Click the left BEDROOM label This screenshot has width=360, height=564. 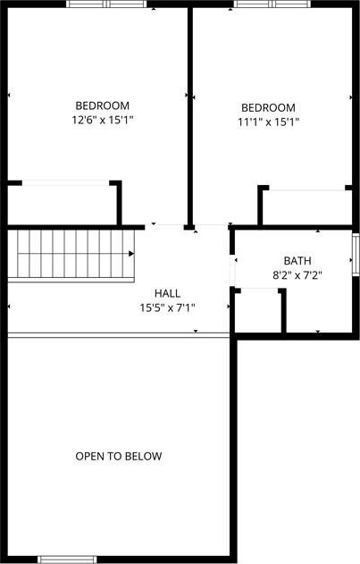[103, 105]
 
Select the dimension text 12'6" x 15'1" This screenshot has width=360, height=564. [103, 120]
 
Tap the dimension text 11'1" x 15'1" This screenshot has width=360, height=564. [269, 122]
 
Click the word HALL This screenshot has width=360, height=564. [168, 293]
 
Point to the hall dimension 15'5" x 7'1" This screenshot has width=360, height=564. [168, 307]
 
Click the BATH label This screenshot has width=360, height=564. [297, 261]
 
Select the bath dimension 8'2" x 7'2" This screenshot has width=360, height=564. [297, 275]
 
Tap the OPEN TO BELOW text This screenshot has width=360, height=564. [119, 457]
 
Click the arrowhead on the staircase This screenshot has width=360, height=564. [131, 254]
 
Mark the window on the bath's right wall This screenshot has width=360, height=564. [356, 255]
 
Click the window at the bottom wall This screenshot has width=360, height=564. [67, 560]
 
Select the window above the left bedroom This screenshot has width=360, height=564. [107, 4]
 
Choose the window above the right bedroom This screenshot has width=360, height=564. [272, 4]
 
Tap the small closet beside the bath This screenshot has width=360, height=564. [258, 311]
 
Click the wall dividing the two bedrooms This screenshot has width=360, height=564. [190, 117]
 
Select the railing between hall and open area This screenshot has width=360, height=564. [119, 335]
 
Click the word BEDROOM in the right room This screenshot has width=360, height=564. [269, 107]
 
